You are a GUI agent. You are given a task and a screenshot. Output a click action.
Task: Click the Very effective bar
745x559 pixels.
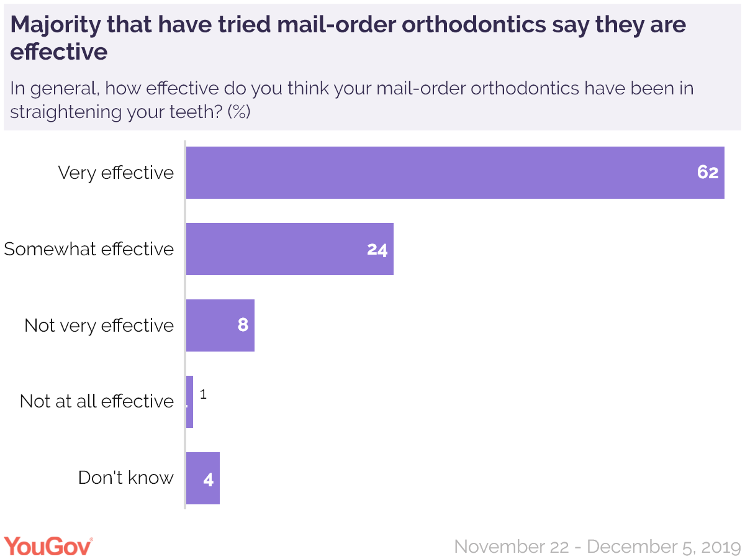455,173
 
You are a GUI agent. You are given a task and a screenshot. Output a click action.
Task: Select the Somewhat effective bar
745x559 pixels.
290,249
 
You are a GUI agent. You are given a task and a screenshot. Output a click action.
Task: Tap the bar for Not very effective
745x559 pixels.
220,325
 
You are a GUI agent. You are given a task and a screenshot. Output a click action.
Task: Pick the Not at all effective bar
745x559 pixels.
190,402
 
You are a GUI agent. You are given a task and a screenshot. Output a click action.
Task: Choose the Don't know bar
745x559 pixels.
203,478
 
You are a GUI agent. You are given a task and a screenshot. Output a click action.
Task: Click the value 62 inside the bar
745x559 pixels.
707,173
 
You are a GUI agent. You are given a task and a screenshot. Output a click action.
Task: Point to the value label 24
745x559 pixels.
377,250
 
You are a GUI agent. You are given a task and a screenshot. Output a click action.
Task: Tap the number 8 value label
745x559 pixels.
243,325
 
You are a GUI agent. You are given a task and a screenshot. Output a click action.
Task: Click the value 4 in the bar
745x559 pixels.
209,479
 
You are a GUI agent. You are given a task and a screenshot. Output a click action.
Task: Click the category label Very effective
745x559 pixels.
116,173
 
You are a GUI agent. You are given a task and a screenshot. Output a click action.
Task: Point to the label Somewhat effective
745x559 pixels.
89,249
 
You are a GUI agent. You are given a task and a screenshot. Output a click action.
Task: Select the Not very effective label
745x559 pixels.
99,325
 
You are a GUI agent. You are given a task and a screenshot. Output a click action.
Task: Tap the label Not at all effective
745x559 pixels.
97,401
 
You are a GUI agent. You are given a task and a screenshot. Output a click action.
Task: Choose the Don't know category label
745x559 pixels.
126,478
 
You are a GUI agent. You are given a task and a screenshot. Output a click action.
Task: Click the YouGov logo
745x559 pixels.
48,547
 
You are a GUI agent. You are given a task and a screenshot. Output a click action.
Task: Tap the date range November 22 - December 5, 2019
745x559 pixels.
597,547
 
